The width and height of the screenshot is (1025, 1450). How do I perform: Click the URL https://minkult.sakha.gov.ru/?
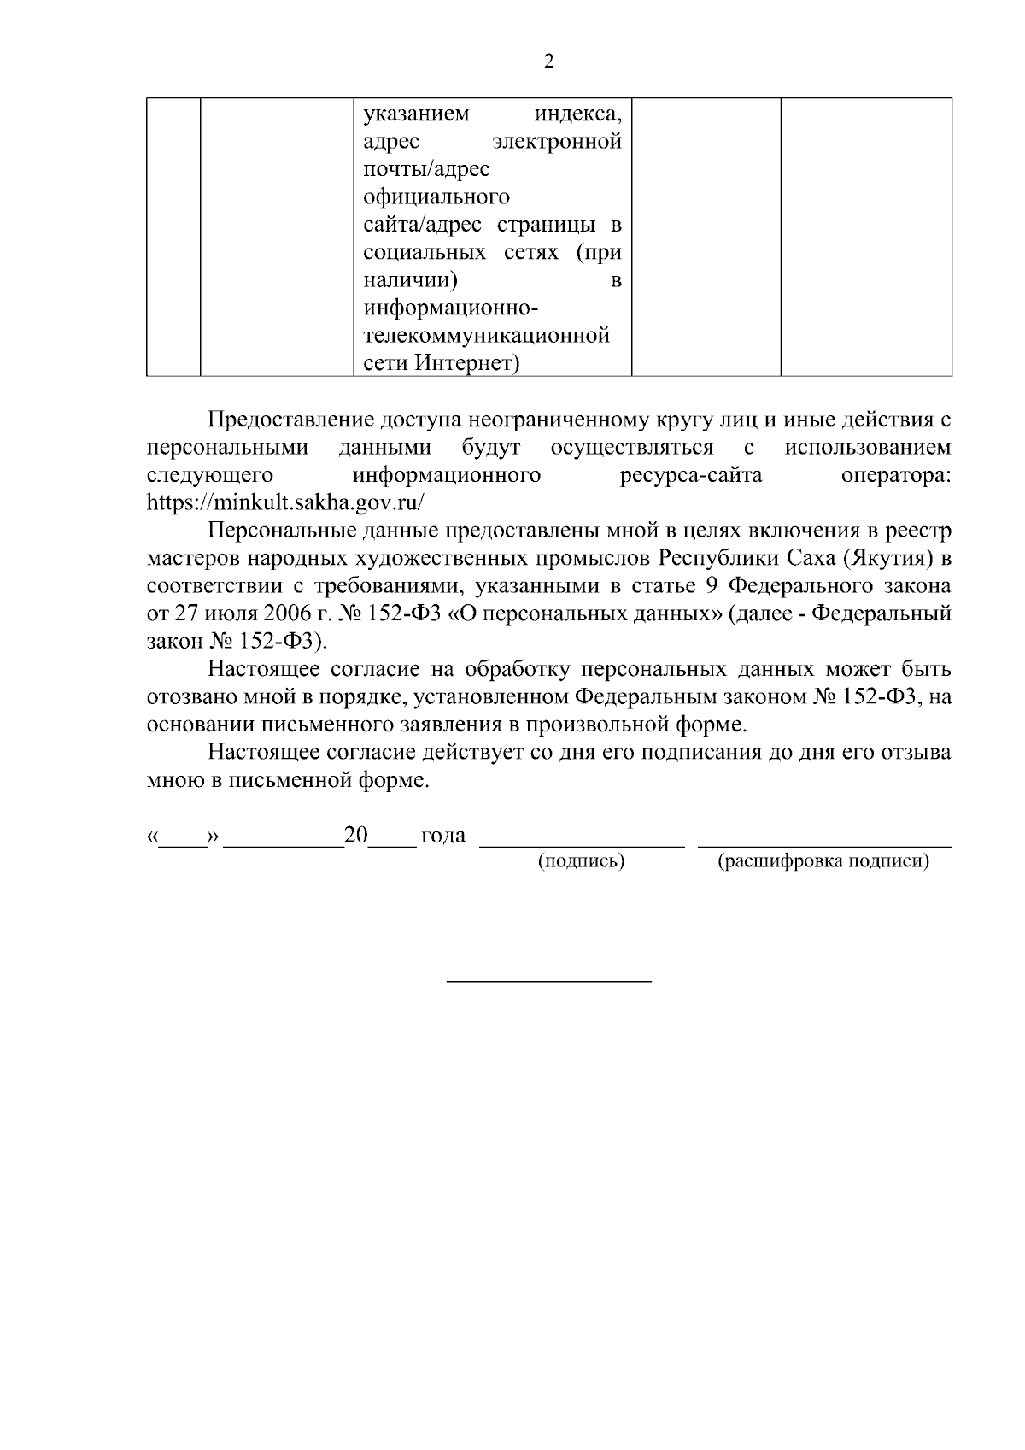pyautogui.click(x=285, y=502)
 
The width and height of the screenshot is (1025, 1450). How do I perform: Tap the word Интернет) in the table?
pyautogui.click(x=468, y=363)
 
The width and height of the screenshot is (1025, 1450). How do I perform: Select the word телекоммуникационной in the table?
pyautogui.click(x=487, y=335)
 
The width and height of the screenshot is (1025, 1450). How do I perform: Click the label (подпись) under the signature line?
pyautogui.click(x=581, y=861)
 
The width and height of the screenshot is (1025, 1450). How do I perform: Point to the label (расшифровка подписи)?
pyautogui.click(x=823, y=861)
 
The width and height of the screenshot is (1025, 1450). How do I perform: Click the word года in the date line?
pyautogui.click(x=443, y=835)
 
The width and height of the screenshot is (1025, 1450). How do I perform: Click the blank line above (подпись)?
pyautogui.click(x=583, y=846)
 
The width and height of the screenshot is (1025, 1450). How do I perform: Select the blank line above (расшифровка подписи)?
pyautogui.click(x=825, y=846)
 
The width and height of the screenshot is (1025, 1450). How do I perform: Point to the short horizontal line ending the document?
pyautogui.click(x=550, y=980)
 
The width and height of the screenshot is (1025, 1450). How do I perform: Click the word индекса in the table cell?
pyautogui.click(x=577, y=114)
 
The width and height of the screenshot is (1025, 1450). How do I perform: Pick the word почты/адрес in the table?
pyautogui.click(x=426, y=169)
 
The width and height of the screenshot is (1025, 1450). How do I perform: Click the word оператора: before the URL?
pyautogui.click(x=896, y=475)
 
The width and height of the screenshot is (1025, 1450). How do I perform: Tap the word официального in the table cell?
pyautogui.click(x=436, y=197)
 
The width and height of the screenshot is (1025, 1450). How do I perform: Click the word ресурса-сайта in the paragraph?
pyautogui.click(x=691, y=475)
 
